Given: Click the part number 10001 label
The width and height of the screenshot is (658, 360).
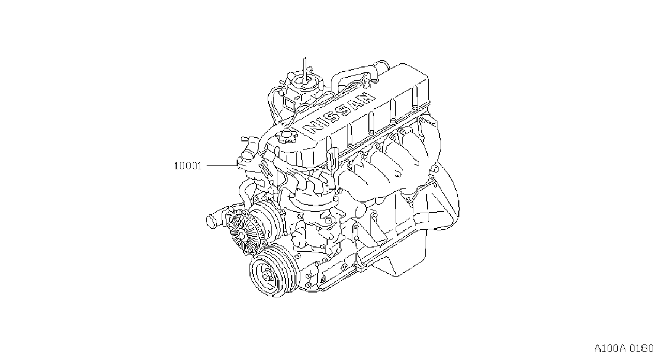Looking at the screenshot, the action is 188,166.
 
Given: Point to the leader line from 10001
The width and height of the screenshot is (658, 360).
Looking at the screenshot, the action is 222,166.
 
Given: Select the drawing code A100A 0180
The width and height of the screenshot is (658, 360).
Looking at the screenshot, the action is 623,349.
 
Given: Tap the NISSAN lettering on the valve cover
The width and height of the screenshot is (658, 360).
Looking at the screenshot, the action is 339,112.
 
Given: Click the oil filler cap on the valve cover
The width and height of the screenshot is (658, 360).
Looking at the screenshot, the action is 286,137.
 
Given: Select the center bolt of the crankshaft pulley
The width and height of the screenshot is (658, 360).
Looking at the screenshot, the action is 266,276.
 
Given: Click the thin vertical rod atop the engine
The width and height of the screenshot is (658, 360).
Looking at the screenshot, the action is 305,70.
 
